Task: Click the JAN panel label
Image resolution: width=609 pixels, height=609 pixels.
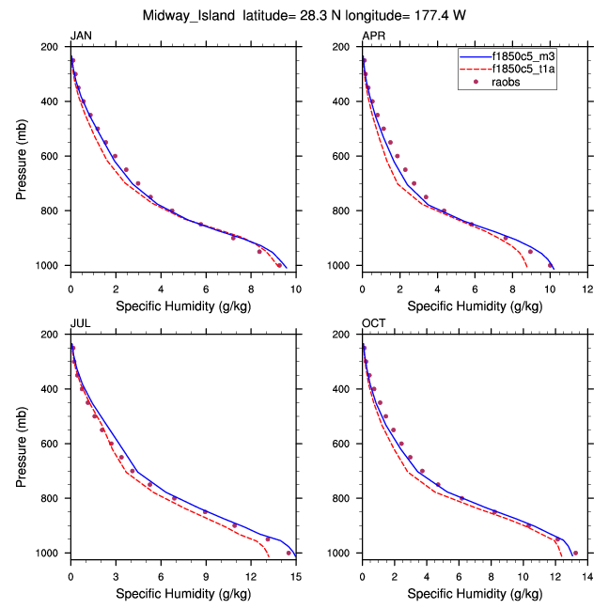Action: click(81, 36)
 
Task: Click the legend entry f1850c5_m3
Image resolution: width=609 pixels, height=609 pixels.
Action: click(523, 56)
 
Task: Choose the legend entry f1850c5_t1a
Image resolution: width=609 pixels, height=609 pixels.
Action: click(523, 70)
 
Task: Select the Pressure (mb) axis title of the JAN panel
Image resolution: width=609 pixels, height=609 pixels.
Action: click(23, 156)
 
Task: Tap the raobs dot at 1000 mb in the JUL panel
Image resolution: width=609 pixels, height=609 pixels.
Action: click(289, 553)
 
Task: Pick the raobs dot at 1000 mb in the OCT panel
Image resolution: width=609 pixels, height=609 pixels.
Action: click(575, 553)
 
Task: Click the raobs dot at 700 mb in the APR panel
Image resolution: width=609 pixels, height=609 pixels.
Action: click(414, 183)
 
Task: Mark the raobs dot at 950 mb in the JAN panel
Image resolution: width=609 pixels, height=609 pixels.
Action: click(259, 252)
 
